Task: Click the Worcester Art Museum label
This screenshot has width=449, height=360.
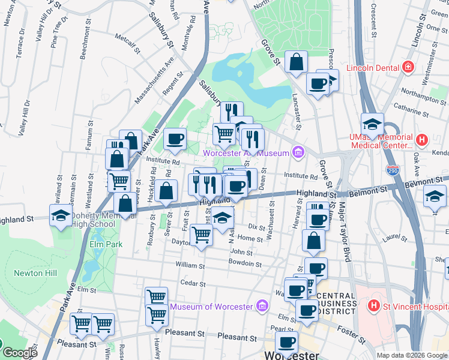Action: (246, 152)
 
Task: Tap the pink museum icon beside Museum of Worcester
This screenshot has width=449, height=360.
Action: (261, 307)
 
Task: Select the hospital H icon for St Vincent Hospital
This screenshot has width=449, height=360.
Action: (375, 306)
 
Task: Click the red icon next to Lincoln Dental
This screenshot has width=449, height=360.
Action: (409, 67)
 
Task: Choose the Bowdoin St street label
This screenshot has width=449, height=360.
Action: (245, 264)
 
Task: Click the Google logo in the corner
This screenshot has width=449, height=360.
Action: (20, 353)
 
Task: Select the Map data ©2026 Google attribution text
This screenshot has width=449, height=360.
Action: (412, 355)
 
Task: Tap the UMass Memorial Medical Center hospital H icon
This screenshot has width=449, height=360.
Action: (421, 140)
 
